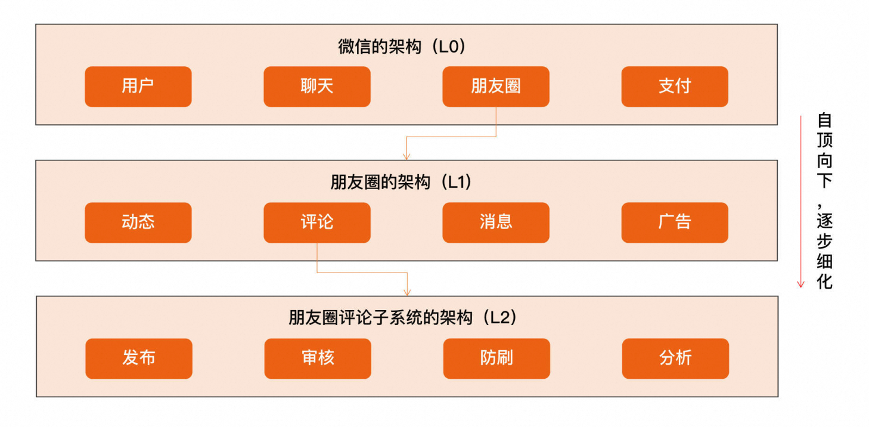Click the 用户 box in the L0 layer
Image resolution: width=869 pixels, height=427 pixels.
(x=138, y=86)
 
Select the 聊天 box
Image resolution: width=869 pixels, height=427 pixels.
(x=316, y=86)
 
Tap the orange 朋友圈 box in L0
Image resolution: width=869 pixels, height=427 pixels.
(x=495, y=86)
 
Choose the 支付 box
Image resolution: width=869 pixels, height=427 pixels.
(x=674, y=86)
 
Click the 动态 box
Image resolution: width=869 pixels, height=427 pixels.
(x=138, y=222)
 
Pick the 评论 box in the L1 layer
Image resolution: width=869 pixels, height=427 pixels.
(x=316, y=222)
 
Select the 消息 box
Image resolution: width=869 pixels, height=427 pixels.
(x=495, y=222)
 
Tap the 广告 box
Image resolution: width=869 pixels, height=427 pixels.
(x=674, y=222)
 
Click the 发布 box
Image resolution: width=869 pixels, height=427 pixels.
(x=138, y=358)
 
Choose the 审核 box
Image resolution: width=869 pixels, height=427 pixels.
(x=317, y=358)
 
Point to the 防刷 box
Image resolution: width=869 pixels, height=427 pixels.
(x=496, y=358)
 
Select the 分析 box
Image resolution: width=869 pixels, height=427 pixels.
(x=675, y=358)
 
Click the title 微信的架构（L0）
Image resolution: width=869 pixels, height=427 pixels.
(x=401, y=47)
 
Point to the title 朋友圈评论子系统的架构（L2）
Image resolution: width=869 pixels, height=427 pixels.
(x=402, y=318)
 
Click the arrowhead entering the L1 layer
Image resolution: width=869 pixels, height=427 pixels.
(x=406, y=157)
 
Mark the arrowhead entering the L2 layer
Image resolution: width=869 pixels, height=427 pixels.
(x=407, y=293)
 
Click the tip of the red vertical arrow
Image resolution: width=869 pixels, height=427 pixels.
(x=800, y=286)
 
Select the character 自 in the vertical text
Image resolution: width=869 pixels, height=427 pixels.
(x=824, y=120)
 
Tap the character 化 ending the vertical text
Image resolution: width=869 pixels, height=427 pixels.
(x=824, y=281)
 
